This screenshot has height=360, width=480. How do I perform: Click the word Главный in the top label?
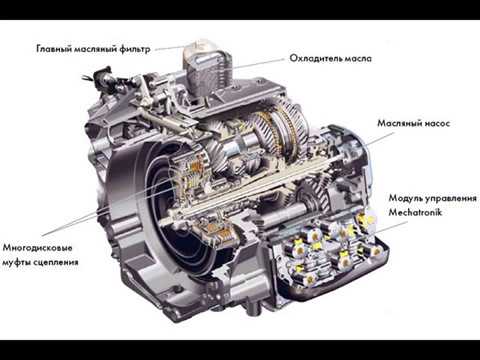[x=54, y=49]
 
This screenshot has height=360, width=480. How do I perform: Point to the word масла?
[x=358, y=59]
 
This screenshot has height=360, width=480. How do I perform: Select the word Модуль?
[x=403, y=198]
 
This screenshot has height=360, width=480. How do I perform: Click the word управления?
[x=449, y=199]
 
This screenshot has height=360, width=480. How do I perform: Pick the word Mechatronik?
[x=415, y=212]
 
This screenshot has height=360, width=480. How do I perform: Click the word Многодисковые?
[x=38, y=248]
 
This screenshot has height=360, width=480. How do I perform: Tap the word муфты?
[x=15, y=262]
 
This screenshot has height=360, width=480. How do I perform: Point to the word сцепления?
[x=54, y=263]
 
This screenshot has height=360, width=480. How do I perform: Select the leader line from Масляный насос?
[x=380, y=139]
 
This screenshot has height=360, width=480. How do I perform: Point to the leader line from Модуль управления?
[x=392, y=226]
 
